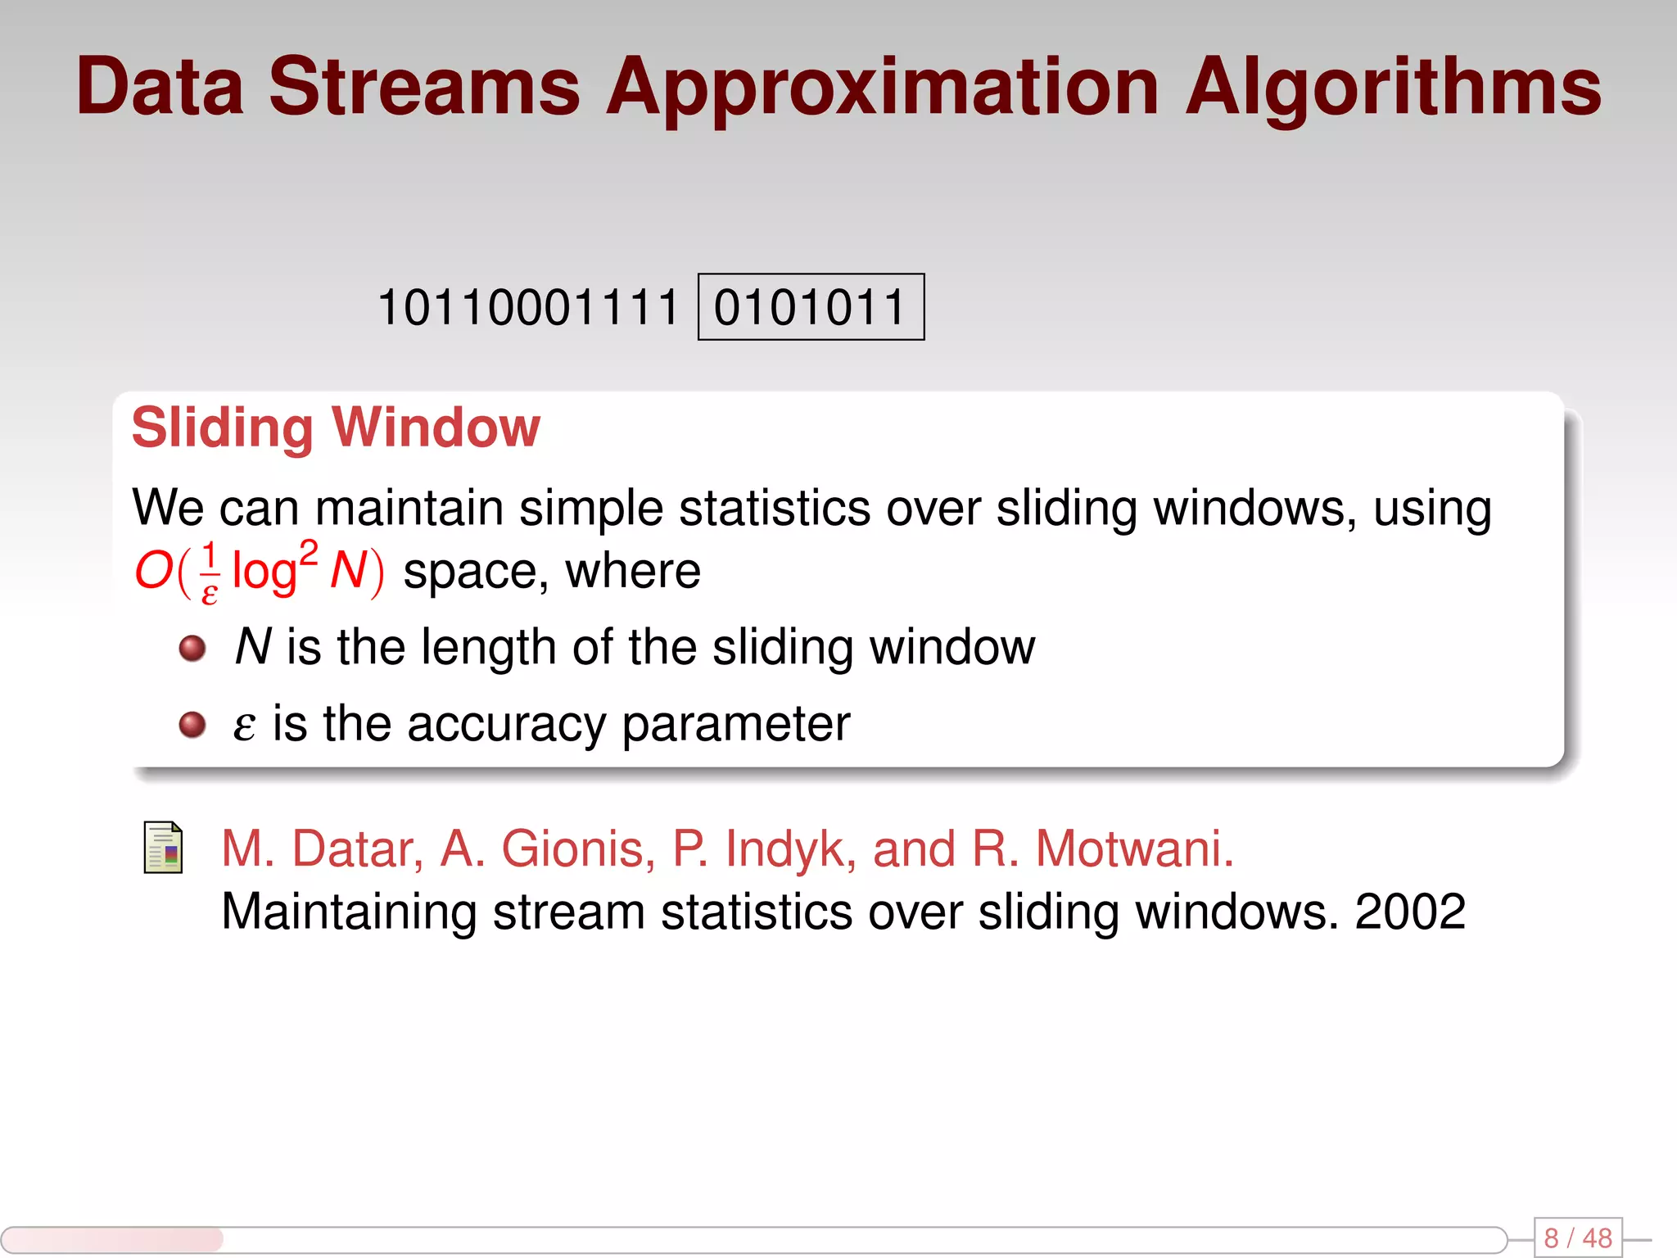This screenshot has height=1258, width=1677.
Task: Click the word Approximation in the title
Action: tap(882, 88)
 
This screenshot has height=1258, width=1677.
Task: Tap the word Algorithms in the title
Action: tap(1393, 88)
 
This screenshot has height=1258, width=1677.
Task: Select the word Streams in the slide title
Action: tap(424, 87)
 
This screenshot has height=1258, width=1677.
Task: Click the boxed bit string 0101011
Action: tap(810, 307)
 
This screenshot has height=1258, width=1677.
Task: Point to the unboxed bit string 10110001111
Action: tap(528, 307)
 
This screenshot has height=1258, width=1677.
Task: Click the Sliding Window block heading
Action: tap(336, 428)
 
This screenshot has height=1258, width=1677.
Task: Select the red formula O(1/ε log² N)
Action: tap(259, 571)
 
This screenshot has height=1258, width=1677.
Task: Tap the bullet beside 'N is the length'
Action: tap(192, 649)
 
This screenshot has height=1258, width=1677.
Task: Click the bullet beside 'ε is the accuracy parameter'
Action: tap(192, 725)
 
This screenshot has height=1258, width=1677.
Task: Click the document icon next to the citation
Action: tap(163, 848)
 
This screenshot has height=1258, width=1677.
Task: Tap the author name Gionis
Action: tap(577, 848)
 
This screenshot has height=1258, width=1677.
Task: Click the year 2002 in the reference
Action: tap(1410, 912)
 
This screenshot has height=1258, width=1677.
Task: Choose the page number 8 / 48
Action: tap(1577, 1238)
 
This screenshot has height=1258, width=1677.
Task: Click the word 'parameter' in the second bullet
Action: tap(735, 725)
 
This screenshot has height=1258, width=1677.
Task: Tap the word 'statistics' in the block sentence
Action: tap(775, 508)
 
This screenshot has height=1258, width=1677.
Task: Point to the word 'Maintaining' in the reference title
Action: tap(349, 912)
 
